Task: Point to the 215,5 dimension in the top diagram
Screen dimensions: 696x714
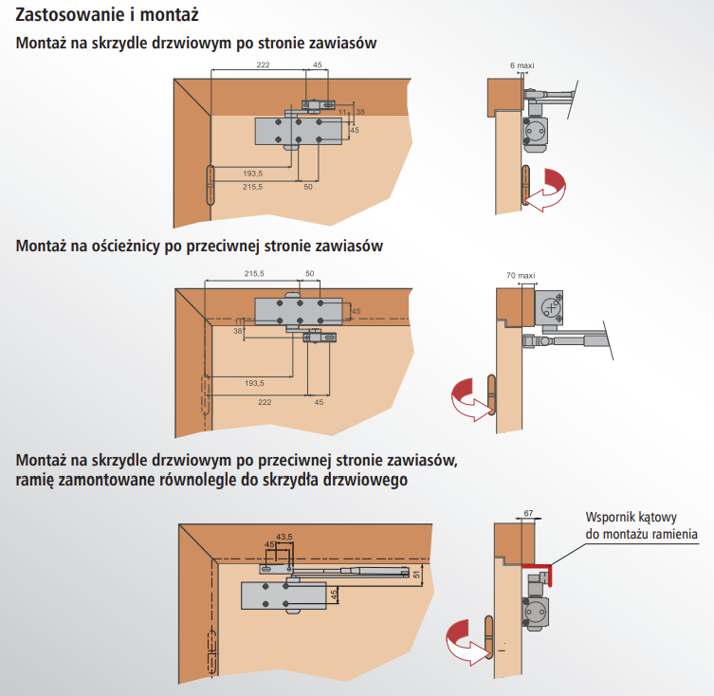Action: pyautogui.click(x=253, y=188)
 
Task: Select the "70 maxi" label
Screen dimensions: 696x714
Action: pyautogui.click(x=521, y=275)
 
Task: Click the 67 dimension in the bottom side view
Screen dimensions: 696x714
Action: pyautogui.click(x=528, y=513)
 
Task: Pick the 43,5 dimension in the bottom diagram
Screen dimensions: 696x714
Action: pyautogui.click(x=283, y=536)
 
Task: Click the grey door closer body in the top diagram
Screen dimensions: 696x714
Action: pyautogui.click(x=298, y=131)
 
